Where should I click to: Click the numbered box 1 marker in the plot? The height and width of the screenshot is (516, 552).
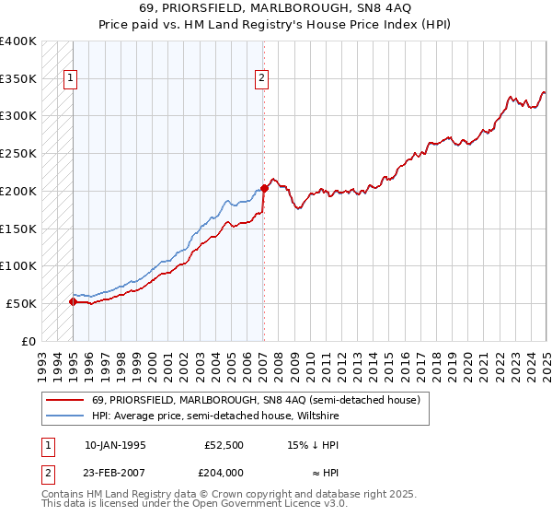pyautogui.click(x=70, y=78)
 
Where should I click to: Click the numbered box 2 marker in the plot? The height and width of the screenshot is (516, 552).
pyautogui.click(x=262, y=78)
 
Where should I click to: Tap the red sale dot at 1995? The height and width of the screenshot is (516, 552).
pyautogui.click(x=73, y=301)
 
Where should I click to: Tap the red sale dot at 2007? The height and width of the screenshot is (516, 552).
pyautogui.click(x=264, y=188)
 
